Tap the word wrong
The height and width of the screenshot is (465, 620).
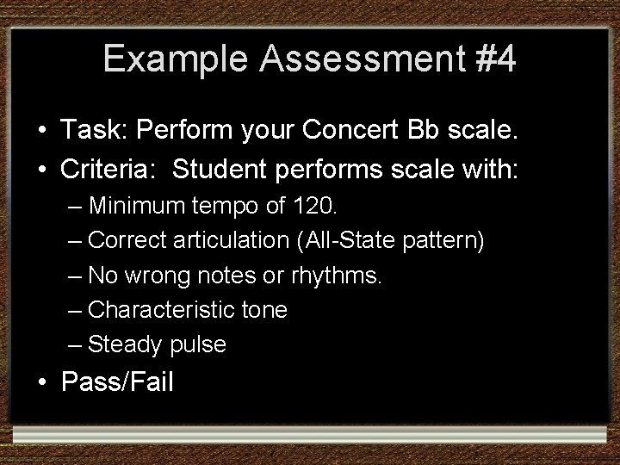tap(157, 276)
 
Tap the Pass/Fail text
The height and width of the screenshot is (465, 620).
tap(117, 381)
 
